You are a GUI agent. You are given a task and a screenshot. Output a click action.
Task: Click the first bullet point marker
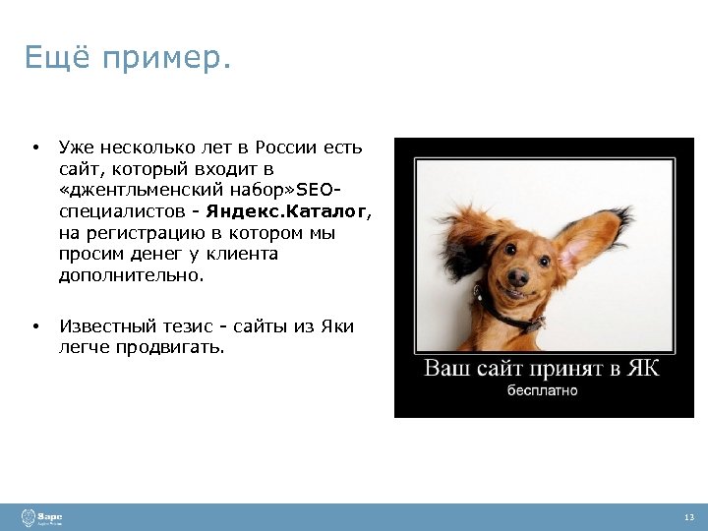coord(34,148)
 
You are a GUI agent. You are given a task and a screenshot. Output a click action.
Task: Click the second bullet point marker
coord(34,326)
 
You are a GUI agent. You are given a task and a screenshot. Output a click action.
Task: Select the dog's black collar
coord(511,313)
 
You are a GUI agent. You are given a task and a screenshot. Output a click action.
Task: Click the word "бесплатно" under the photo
coord(542,390)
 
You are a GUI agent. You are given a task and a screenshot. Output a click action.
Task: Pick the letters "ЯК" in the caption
coord(643,369)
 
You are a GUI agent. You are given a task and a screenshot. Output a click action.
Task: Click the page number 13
coord(688,518)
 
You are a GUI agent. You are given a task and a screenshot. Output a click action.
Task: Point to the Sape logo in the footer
coord(44,517)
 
